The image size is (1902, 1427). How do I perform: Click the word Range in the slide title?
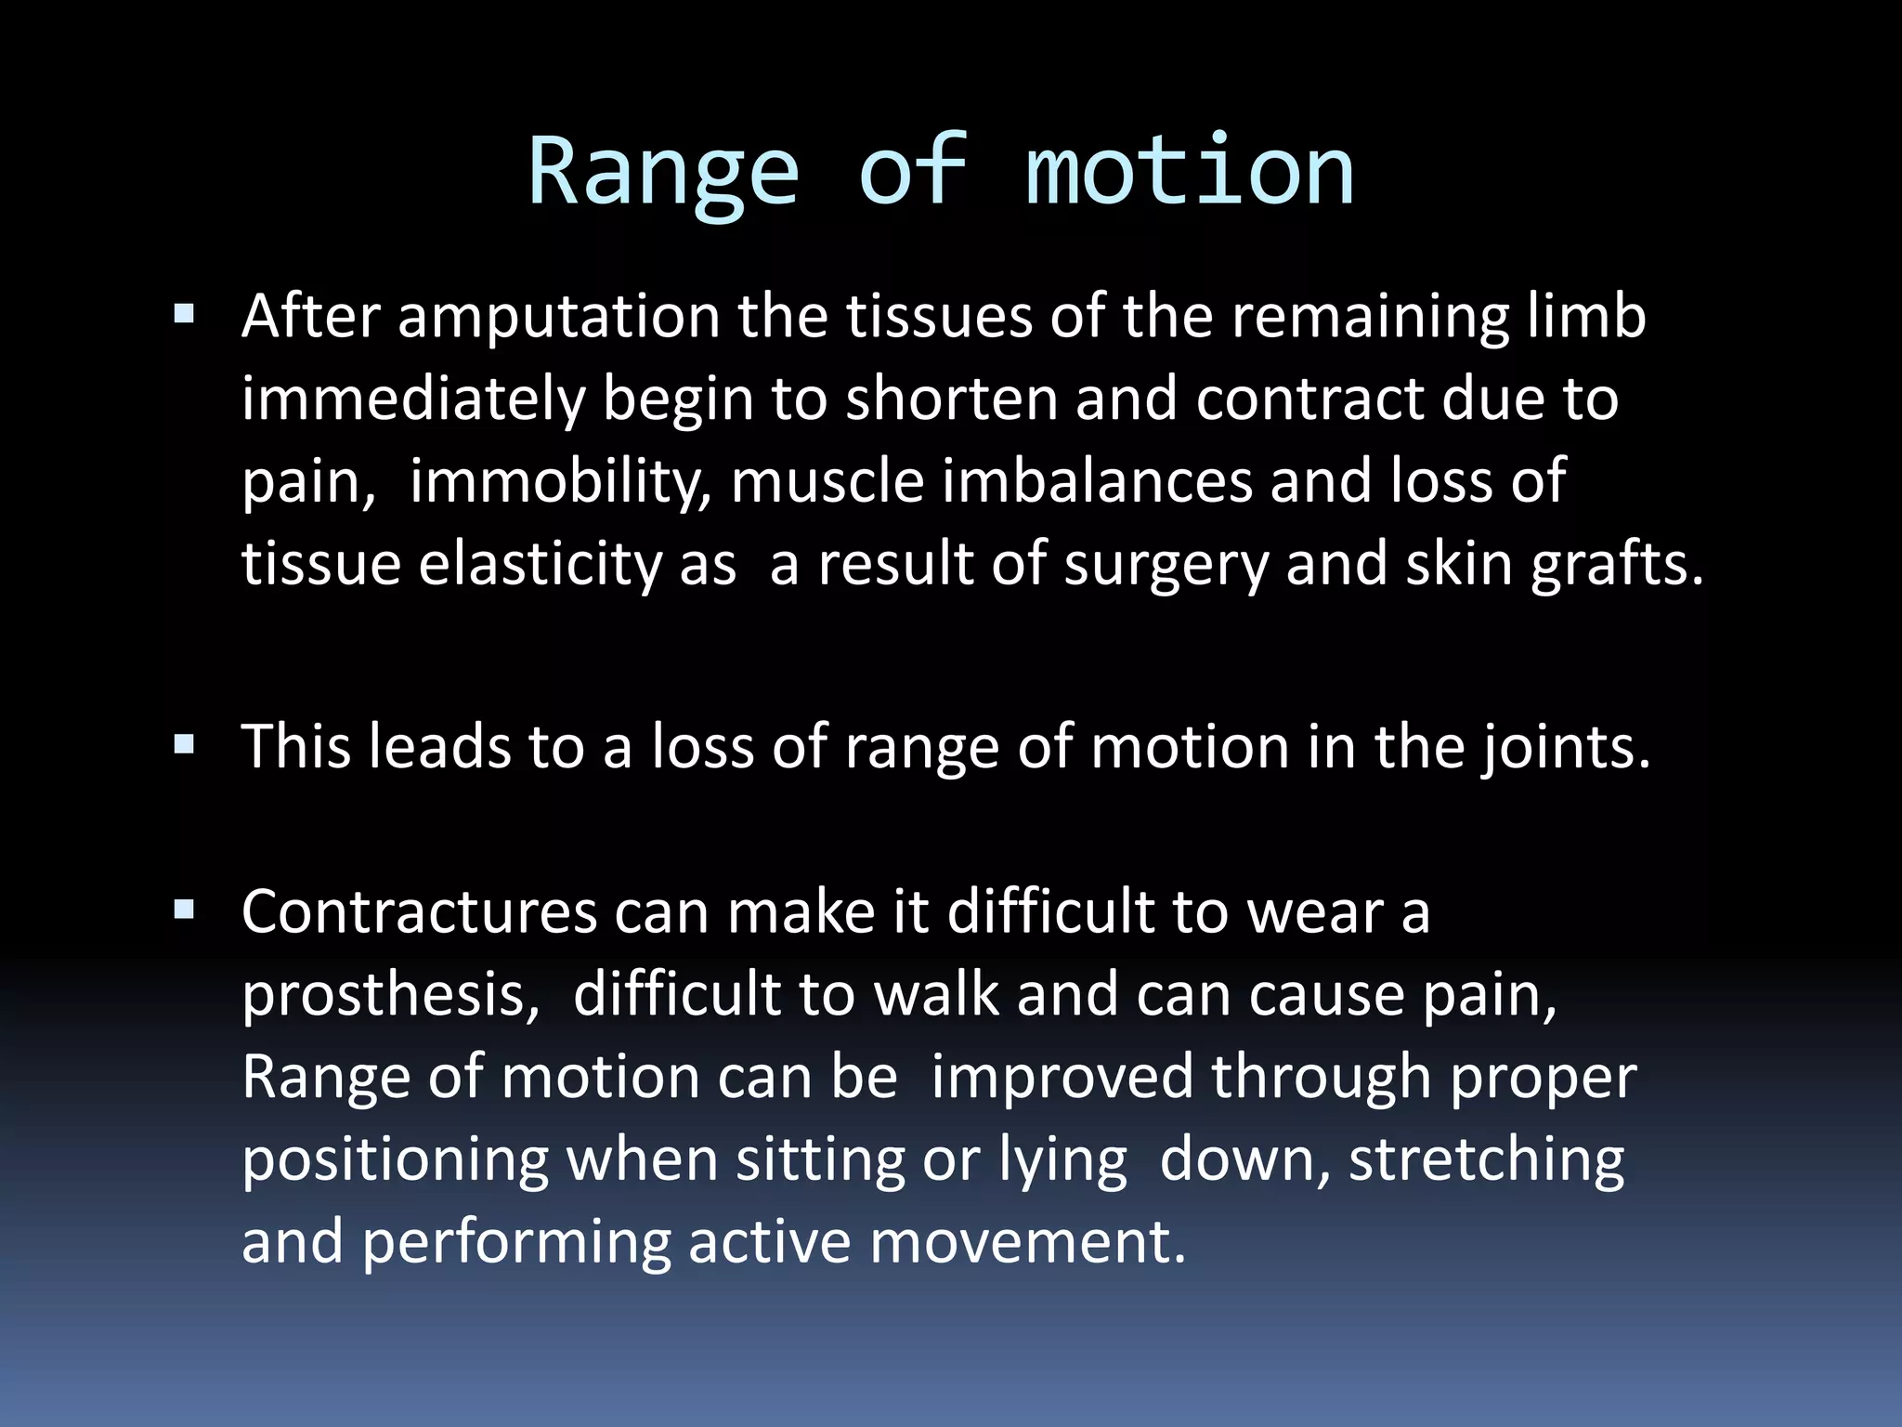click(663, 173)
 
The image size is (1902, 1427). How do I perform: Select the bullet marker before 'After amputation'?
click(184, 314)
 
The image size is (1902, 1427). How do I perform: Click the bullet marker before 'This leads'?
click(184, 744)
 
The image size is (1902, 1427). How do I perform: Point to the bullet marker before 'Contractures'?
click(184, 910)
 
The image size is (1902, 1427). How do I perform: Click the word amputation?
click(558, 318)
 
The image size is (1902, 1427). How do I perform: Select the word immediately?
click(413, 400)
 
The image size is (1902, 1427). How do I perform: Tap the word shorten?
click(951, 400)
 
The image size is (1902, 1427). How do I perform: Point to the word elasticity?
click(540, 565)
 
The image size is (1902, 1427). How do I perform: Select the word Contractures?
click(419, 912)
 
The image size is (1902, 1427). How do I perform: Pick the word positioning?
click(395, 1161)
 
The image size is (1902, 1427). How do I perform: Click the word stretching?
click(1486, 1161)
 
